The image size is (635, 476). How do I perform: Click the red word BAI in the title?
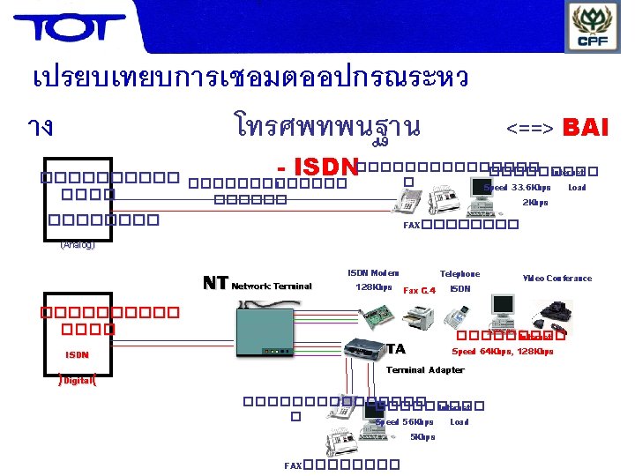585,128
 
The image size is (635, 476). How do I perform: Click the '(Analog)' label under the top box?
78,245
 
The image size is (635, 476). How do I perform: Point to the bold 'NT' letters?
215,283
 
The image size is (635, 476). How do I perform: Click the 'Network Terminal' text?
272,286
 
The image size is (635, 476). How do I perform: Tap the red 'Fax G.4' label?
419,289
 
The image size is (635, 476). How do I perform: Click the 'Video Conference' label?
557,279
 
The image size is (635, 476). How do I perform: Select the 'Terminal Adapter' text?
425,370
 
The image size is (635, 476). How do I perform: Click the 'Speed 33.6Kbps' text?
517,188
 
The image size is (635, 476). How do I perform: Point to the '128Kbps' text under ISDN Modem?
373,287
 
